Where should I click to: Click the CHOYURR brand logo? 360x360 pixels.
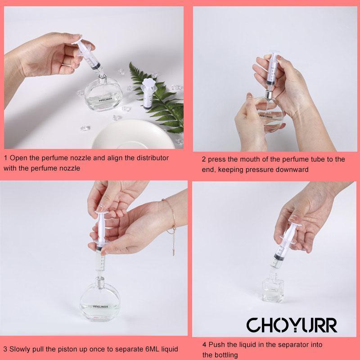pos(292,325)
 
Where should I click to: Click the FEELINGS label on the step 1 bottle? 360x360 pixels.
pos(106,99)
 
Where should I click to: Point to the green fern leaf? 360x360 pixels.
pos(158,96)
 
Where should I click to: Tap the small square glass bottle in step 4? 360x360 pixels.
pos(273,288)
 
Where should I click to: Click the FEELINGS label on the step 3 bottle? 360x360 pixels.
pos(100,307)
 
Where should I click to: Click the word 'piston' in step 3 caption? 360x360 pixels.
pos(67,349)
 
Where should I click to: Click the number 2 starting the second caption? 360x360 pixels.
pos(204,159)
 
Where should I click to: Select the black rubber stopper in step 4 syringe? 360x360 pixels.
pos(279,257)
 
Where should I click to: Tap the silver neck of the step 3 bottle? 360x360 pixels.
pos(99,280)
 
